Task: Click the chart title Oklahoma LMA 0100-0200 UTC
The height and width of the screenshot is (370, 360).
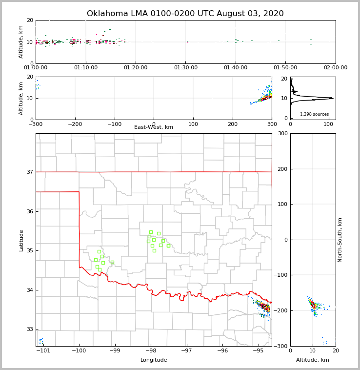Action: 185,14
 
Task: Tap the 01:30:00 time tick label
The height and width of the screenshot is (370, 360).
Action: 186,68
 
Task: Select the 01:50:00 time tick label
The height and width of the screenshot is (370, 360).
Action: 285,68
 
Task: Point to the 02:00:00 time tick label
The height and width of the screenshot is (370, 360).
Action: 336,68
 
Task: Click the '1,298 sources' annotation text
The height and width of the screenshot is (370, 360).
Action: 314,114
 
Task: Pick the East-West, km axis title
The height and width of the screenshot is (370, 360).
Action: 154,127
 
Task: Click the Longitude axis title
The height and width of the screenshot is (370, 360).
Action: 154,360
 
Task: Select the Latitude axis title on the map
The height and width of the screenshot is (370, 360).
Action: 21,240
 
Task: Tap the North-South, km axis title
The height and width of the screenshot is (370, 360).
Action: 340,240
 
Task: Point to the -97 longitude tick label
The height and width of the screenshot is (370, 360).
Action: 187,350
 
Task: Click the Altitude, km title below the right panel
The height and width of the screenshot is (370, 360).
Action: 313,360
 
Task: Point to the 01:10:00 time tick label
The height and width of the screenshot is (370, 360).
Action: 86,68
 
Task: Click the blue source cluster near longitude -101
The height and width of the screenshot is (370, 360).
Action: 41,341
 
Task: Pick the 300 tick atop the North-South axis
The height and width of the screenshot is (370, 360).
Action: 282,134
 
